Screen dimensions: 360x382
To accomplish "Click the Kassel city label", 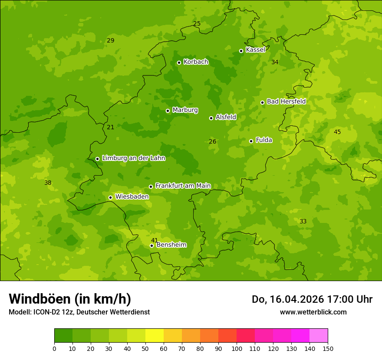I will (255, 50).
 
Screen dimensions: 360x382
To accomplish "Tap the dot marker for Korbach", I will (179, 62).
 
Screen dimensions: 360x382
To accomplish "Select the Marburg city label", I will (185, 110).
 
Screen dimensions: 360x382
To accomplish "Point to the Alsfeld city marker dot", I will (211, 118).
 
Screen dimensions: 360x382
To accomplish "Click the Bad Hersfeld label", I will (286, 101).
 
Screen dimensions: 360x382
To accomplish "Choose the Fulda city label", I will (264, 140).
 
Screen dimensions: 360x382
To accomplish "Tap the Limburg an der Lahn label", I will (133, 158).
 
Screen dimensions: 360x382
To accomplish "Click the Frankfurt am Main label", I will (183, 186).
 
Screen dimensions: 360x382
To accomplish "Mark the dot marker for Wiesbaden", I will (110, 197).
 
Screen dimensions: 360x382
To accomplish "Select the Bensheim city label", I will (171, 245).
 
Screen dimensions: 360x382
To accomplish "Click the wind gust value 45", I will (337, 132).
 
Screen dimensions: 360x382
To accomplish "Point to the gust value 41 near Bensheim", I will (155, 240).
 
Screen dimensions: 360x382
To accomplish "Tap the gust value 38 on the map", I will (48, 183).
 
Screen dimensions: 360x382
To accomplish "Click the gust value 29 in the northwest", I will (111, 40).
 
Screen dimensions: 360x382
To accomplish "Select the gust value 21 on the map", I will (111, 127).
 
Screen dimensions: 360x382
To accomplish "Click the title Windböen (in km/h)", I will (70, 299).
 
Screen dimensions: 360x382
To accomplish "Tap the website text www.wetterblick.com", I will (313, 312).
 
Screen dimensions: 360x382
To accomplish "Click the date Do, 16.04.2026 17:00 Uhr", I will (312, 299).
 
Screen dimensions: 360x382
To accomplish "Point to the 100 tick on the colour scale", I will (237, 348).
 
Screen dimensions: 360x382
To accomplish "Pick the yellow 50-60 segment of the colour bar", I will (155, 336).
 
